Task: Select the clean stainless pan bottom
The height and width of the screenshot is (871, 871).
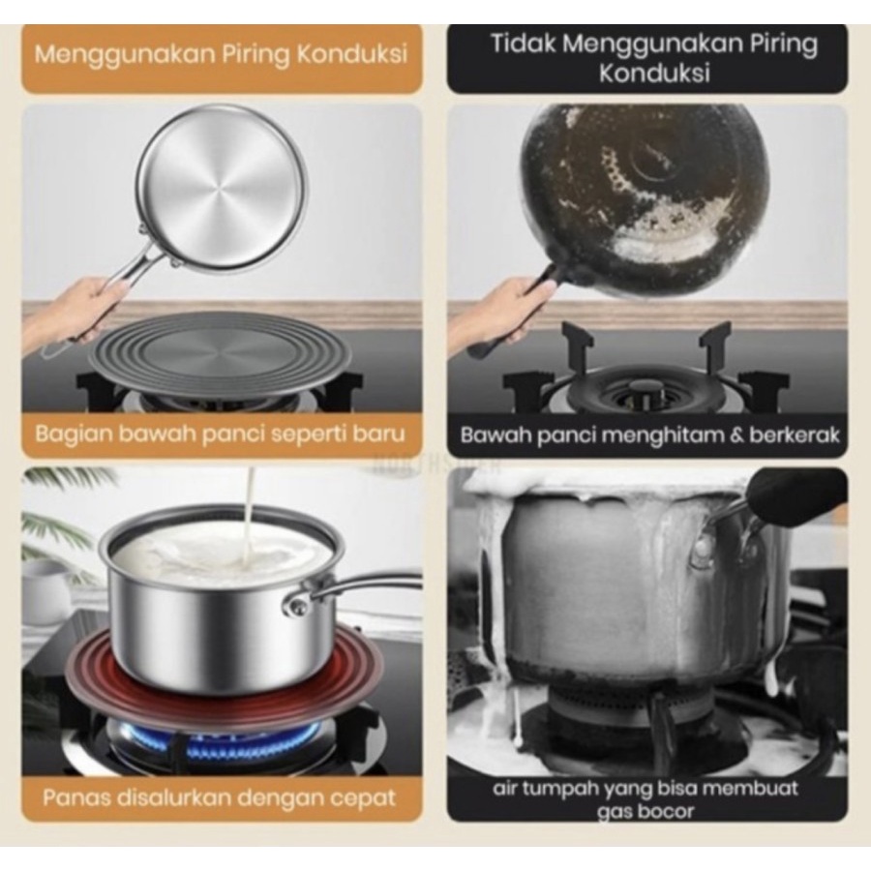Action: click(221, 187)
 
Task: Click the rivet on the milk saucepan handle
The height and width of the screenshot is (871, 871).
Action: click(297, 607)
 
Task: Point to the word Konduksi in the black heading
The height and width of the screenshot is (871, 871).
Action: click(654, 73)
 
